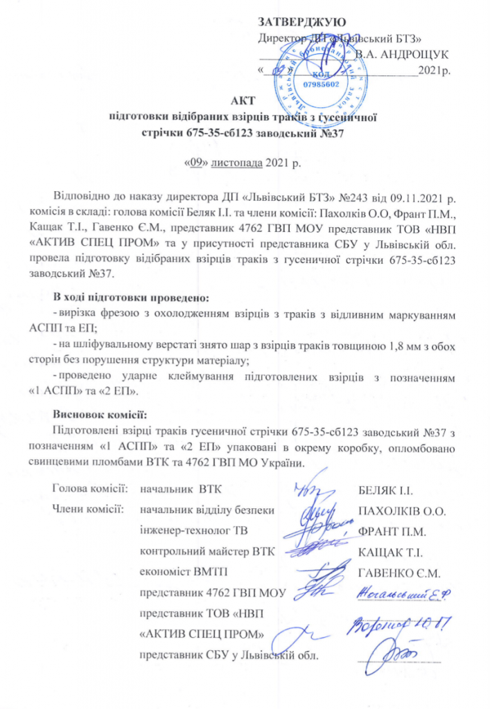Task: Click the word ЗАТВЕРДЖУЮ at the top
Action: coord(302,21)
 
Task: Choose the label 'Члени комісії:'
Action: coord(88,511)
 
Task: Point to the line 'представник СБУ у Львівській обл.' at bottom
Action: coord(232,654)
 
